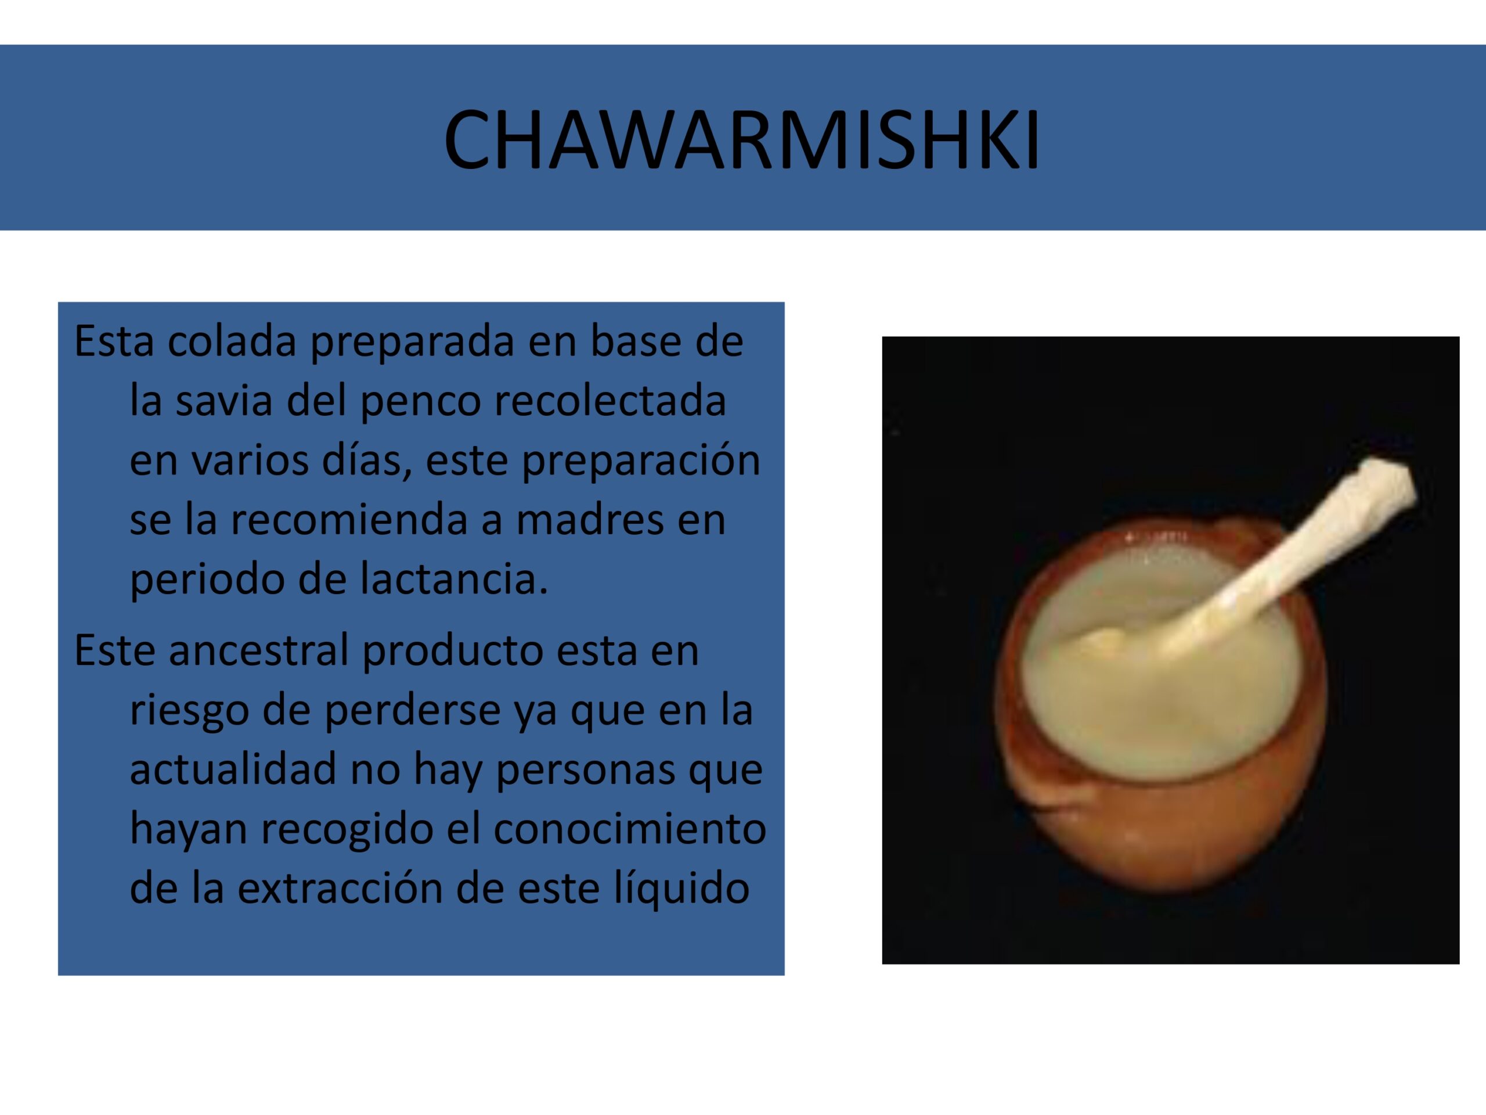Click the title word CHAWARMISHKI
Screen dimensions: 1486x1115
742,141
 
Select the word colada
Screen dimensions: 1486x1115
231,341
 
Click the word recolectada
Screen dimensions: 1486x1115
610,401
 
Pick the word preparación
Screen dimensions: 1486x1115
641,461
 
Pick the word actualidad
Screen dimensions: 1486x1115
232,769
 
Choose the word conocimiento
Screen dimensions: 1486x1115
629,829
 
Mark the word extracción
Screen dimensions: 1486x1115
340,888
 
